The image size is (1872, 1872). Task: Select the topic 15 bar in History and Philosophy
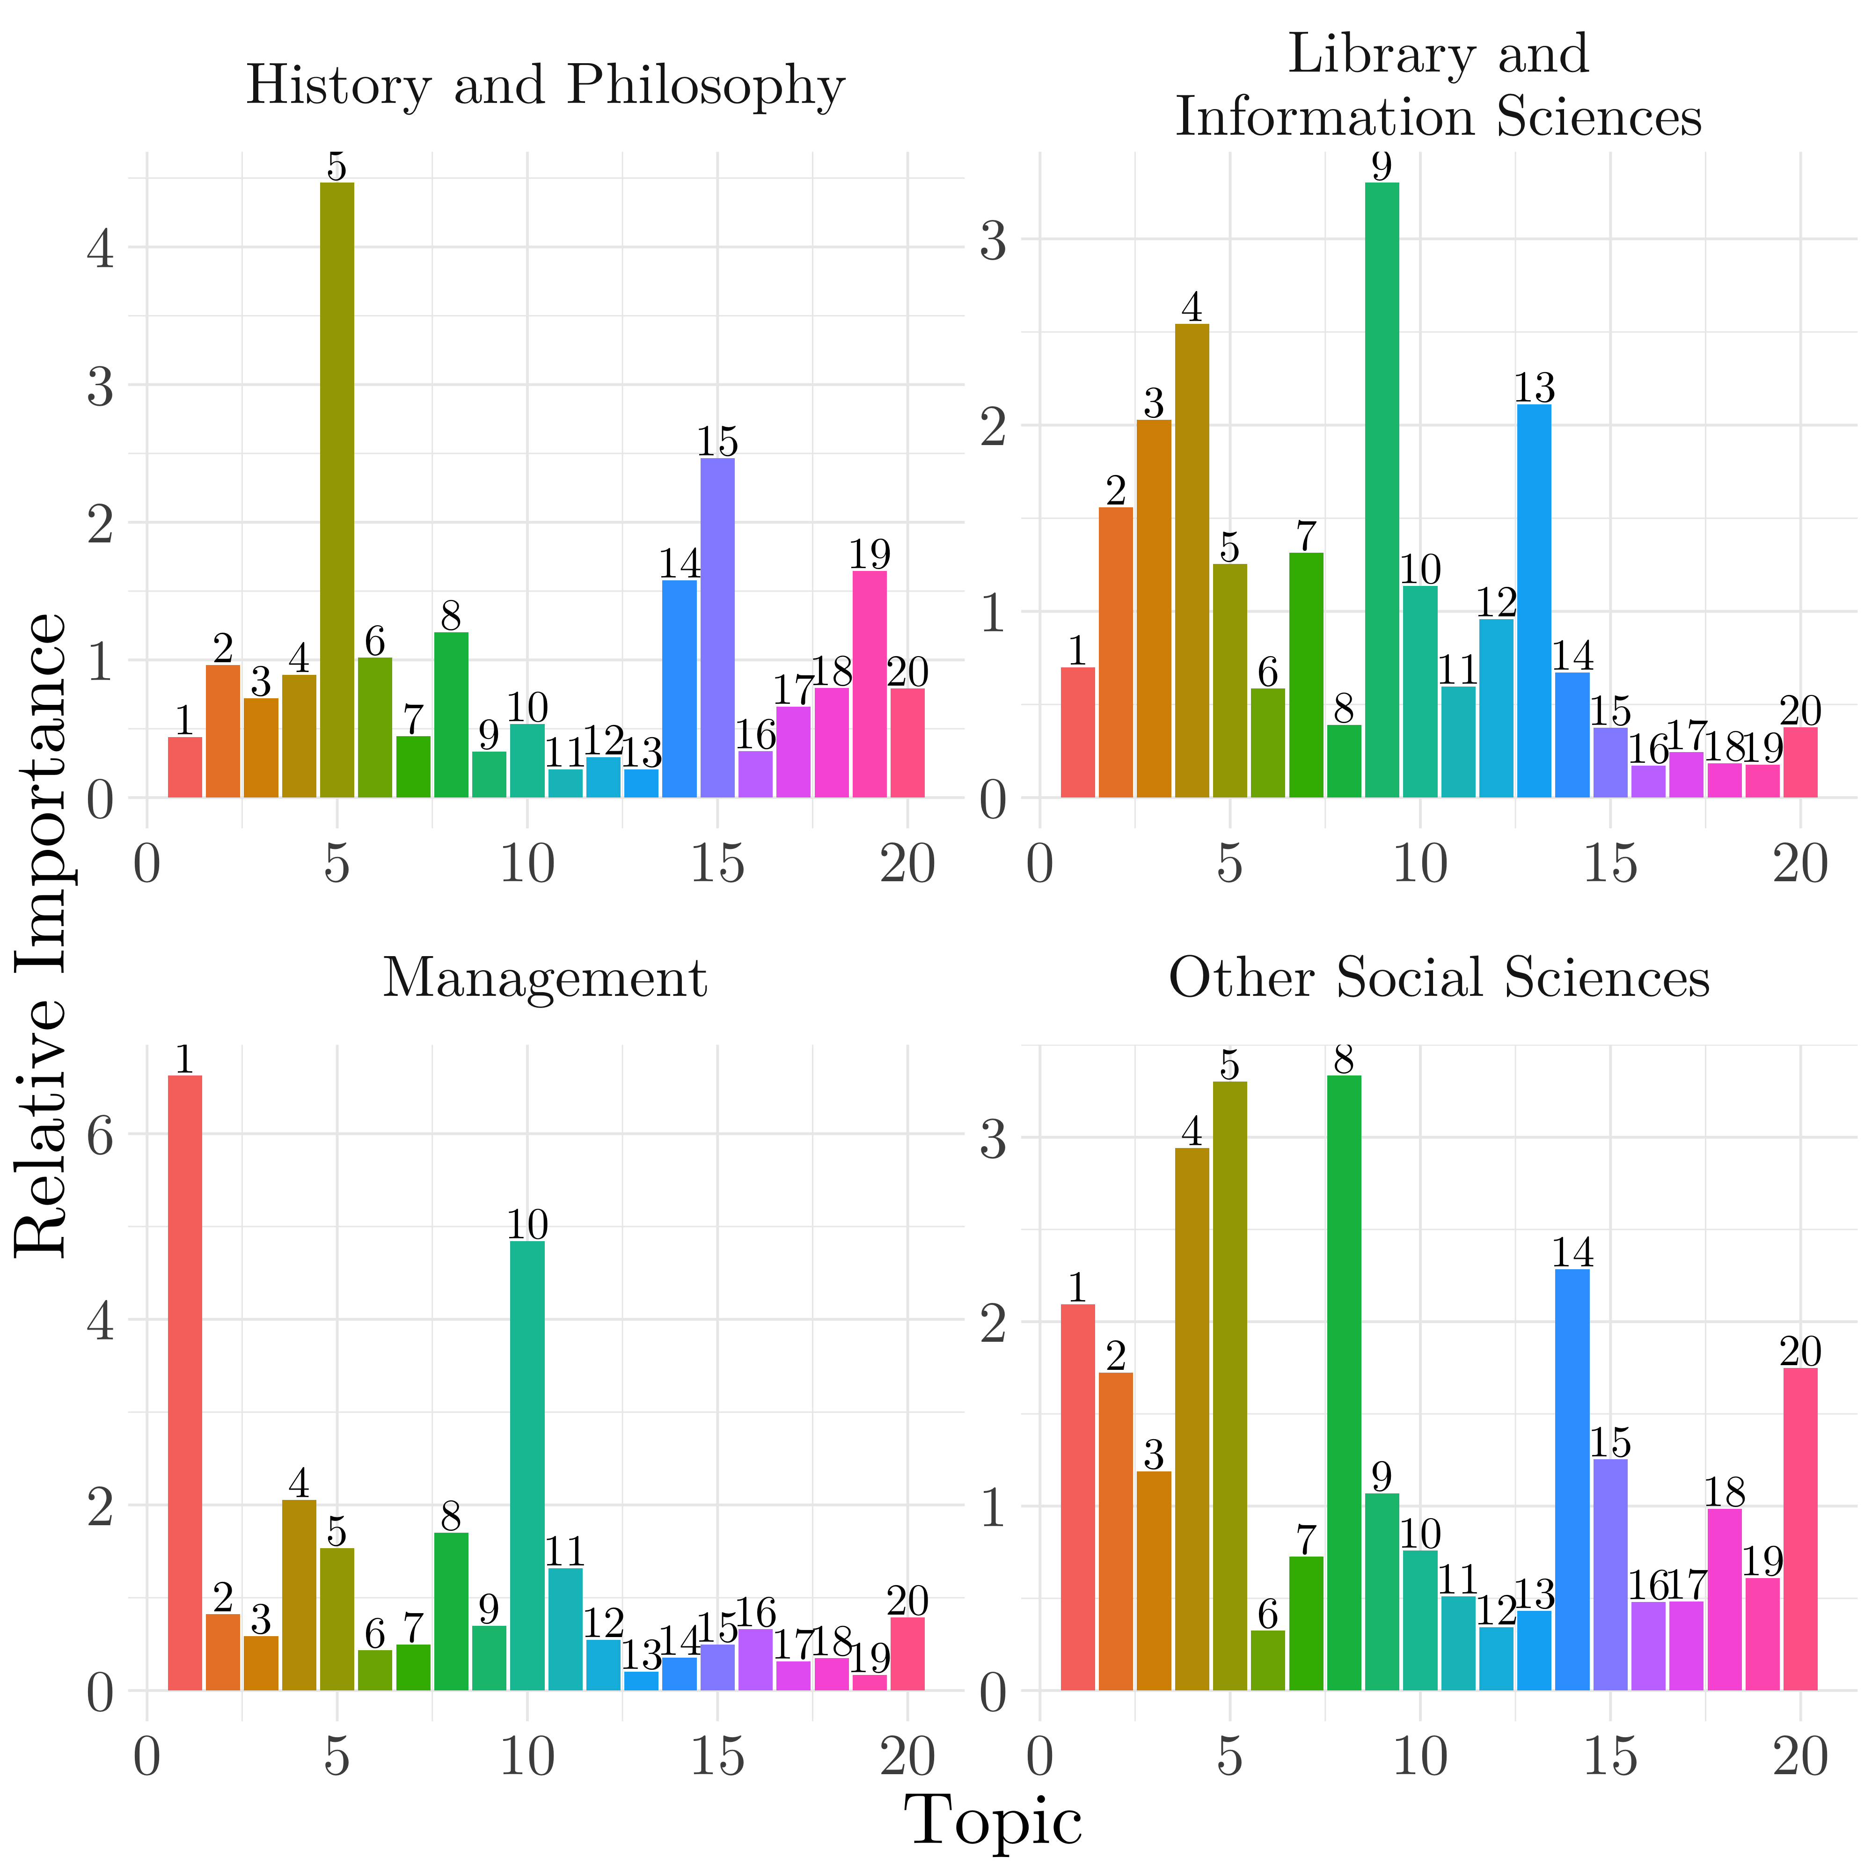point(717,628)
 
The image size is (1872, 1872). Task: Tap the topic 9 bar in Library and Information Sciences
point(1382,490)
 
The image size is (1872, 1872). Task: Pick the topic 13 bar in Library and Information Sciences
point(1534,601)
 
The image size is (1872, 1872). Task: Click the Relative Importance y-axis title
point(41,935)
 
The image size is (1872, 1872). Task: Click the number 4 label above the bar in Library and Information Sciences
point(1192,308)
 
